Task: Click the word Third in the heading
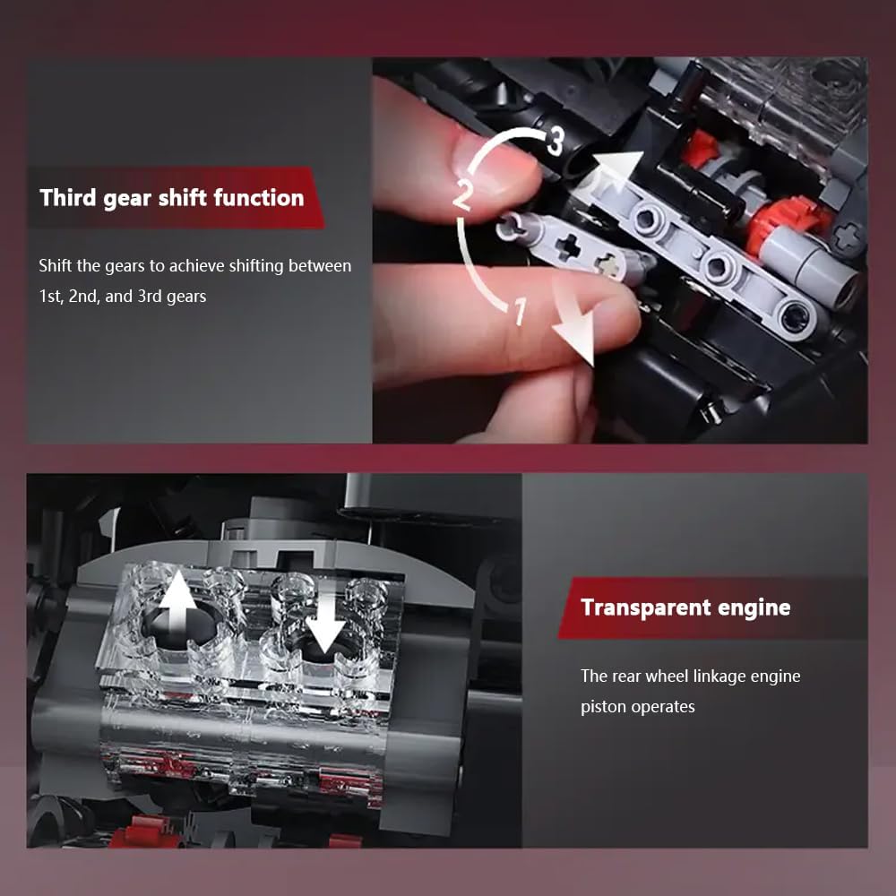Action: (68, 198)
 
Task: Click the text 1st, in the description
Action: (51, 296)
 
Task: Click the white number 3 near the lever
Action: (555, 142)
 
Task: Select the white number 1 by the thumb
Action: (519, 313)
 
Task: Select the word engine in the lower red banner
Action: (753, 607)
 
